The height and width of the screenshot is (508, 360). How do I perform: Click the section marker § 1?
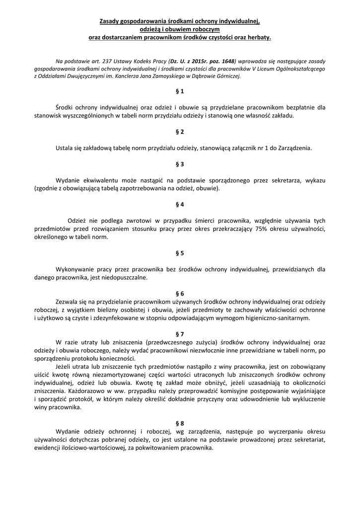tap(180, 91)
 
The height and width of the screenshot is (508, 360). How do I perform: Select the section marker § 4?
tap(180, 204)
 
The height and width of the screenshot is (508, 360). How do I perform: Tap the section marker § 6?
tap(180, 294)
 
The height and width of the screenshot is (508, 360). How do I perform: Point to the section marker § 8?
tap(180, 423)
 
